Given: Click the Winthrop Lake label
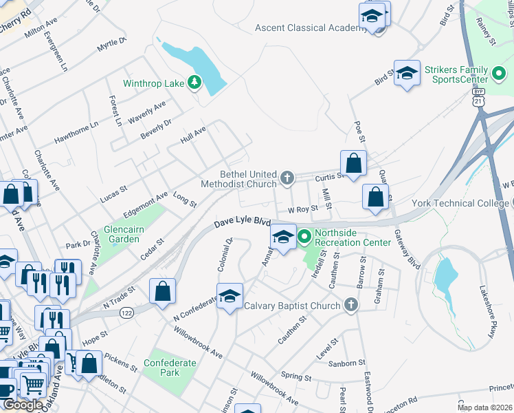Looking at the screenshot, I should [x=153, y=84].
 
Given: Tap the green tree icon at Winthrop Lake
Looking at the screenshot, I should [x=195, y=83].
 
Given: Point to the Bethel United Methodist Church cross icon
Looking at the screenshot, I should [x=288, y=179].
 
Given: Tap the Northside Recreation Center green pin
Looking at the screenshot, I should [x=304, y=237].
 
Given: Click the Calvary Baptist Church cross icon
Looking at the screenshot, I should [x=351, y=306].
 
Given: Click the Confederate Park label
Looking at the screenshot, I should [x=161, y=368].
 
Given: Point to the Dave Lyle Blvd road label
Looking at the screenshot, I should [x=242, y=222].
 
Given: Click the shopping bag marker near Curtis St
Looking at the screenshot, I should [x=353, y=163].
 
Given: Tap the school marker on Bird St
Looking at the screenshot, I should [x=407, y=74].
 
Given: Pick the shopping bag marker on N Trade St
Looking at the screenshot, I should [x=162, y=290].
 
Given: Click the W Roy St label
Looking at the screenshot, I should [x=302, y=209].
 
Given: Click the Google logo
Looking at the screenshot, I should [x=23, y=404].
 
